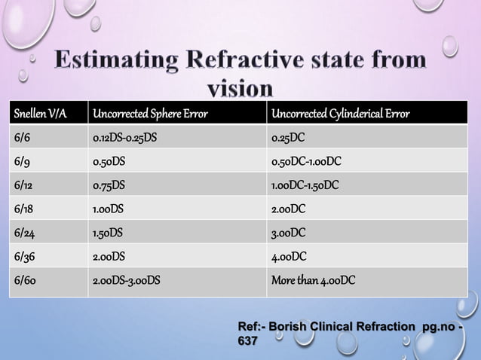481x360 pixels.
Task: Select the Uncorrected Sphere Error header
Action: click(149, 115)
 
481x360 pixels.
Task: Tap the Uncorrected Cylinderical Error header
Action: click(340, 115)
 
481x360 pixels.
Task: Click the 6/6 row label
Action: click(22, 138)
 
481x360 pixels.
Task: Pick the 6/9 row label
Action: click(22, 161)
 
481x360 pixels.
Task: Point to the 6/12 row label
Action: click(23, 185)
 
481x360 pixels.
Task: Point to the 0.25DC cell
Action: click(290, 138)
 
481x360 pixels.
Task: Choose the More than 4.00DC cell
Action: click(313, 281)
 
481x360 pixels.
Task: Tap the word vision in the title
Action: click(239, 90)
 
